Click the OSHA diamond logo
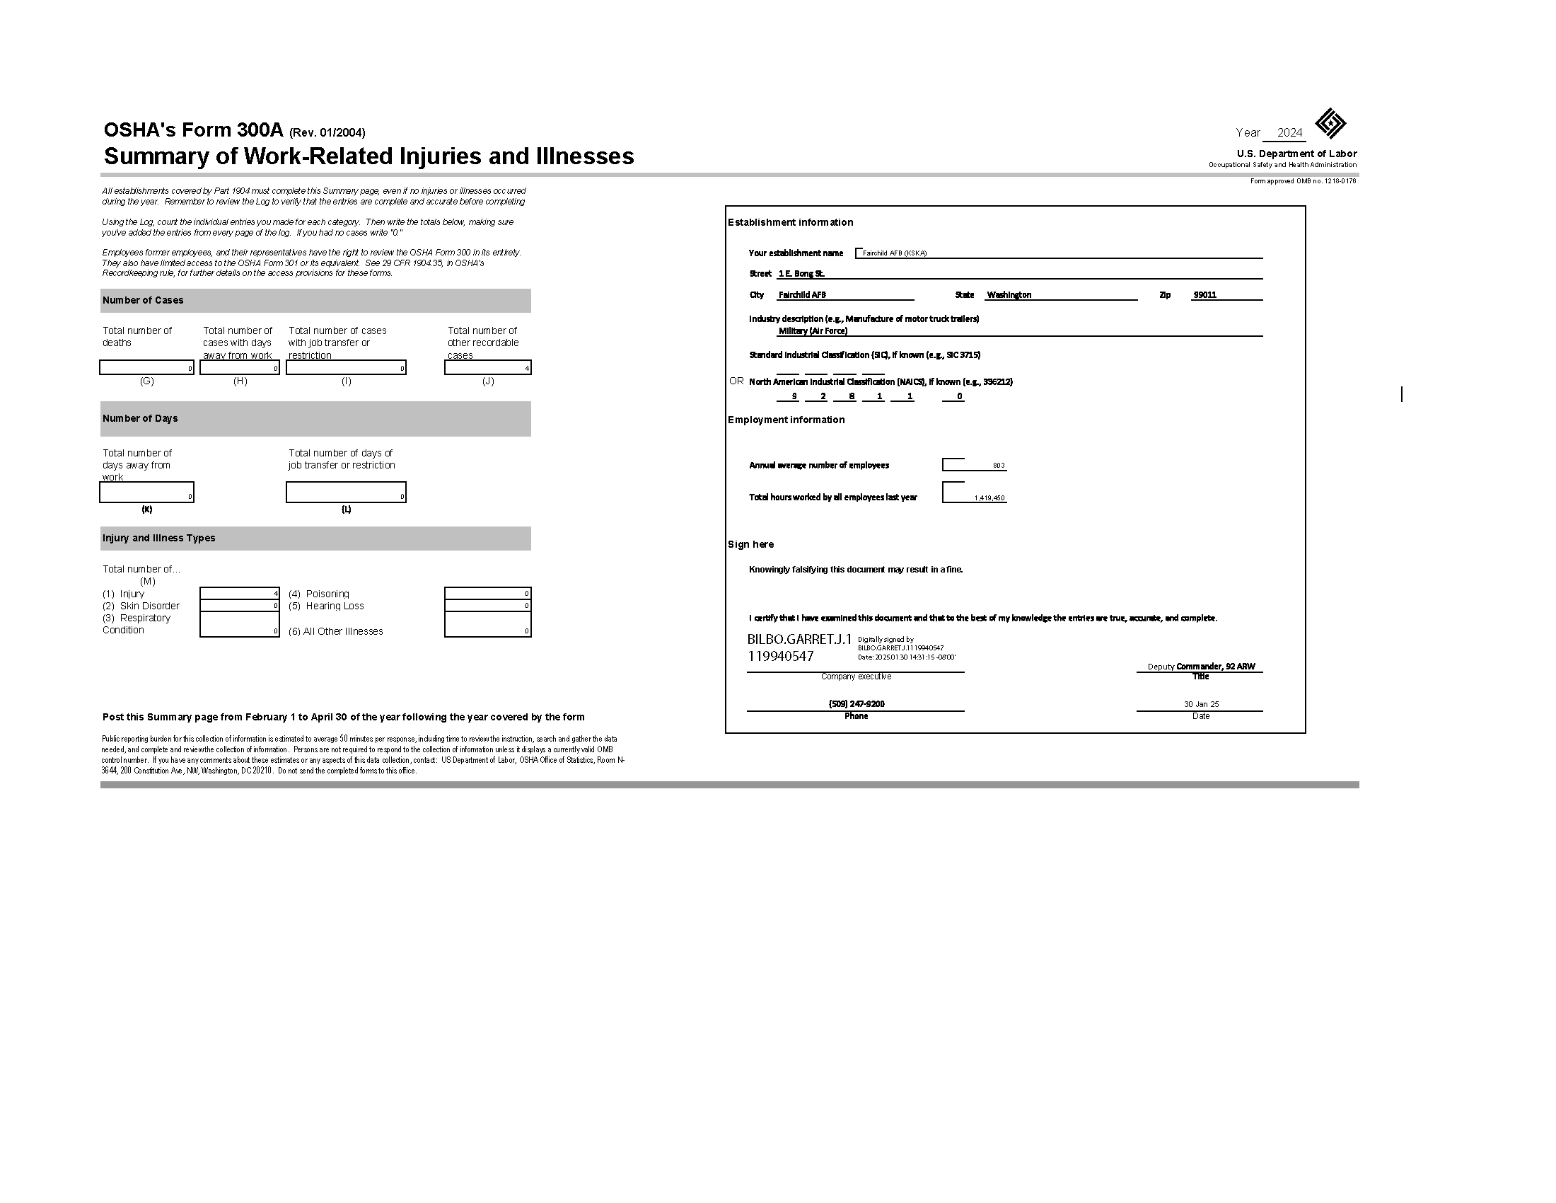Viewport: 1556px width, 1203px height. tap(1330, 123)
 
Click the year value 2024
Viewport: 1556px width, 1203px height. tap(1289, 132)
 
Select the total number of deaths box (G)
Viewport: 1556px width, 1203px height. tap(147, 367)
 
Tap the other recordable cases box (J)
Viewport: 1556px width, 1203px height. tap(488, 367)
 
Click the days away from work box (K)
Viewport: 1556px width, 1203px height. tap(147, 492)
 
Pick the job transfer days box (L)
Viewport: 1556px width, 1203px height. tap(347, 492)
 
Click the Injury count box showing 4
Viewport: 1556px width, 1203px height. tap(240, 593)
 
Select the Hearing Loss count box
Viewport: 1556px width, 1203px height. tap(488, 606)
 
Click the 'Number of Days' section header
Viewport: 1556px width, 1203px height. tap(140, 418)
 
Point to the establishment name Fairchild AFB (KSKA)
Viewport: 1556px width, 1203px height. tap(894, 253)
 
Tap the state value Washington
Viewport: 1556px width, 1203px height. tap(1009, 295)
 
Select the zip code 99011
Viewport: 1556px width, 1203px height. tap(1204, 295)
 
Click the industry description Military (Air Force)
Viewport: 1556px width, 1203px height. tap(813, 330)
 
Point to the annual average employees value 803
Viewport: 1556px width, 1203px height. tap(998, 466)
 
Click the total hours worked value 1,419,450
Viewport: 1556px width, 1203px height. tap(989, 498)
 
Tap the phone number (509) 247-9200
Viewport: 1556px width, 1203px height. tap(857, 704)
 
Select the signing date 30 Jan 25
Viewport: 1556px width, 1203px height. tap(1201, 704)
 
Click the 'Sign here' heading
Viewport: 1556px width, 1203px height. tap(750, 544)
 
